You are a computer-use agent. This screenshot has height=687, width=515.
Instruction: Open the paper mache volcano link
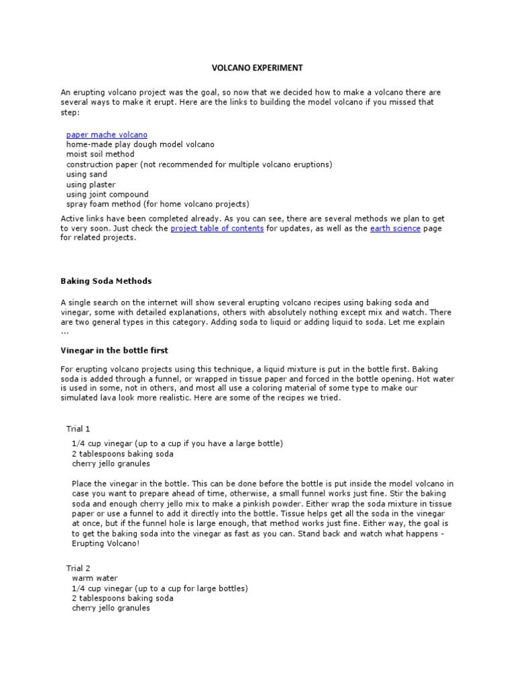(107, 135)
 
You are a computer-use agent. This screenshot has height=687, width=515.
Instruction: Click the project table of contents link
(217, 229)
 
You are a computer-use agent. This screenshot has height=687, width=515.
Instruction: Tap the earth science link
(395, 229)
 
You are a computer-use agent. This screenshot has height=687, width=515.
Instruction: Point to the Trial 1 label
(78, 429)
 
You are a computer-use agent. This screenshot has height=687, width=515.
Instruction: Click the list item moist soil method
(100, 154)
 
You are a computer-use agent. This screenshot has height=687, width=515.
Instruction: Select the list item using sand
(86, 174)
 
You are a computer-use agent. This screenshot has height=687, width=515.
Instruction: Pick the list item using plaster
(91, 184)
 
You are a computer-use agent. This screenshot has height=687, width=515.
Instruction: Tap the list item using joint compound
(107, 195)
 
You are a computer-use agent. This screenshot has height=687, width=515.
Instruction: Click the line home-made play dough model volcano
(140, 144)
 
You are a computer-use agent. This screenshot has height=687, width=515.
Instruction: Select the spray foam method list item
(158, 204)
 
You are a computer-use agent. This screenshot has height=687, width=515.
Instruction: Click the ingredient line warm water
(95, 578)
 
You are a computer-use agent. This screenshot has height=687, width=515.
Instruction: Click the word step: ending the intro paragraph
(70, 112)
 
